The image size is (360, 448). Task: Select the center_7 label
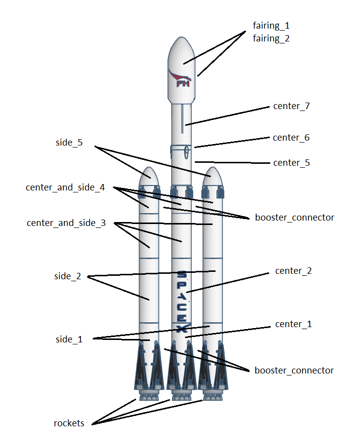(291, 106)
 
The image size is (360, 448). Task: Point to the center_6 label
(291, 138)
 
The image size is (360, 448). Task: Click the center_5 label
(291, 163)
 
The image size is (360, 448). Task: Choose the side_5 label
(69, 143)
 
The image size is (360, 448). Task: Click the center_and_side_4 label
(66, 188)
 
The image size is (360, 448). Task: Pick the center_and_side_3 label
(66, 223)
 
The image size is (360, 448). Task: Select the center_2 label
(293, 271)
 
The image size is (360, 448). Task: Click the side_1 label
(69, 339)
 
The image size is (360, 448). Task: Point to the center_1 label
(293, 324)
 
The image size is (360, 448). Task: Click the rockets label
(69, 423)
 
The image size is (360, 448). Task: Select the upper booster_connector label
(294, 217)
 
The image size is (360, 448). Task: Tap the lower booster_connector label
(294, 370)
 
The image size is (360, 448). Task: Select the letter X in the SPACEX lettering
(181, 328)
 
